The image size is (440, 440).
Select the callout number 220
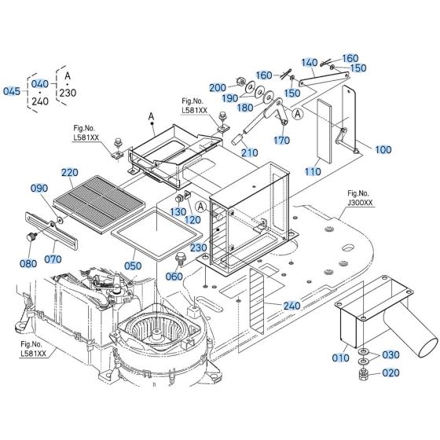coord(70,173)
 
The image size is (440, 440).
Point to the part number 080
coord(27,263)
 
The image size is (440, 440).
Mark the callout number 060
coord(172,276)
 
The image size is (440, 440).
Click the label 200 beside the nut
coord(218,87)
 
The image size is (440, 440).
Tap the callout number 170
coord(280,141)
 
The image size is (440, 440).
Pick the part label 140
coord(309,62)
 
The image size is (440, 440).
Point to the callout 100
coord(383,149)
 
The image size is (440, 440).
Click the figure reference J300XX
coord(360,201)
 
